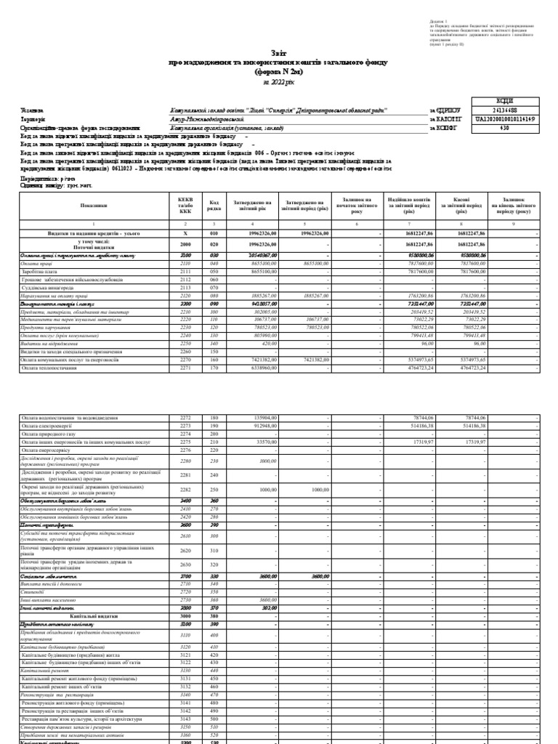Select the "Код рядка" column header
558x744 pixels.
214,206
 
